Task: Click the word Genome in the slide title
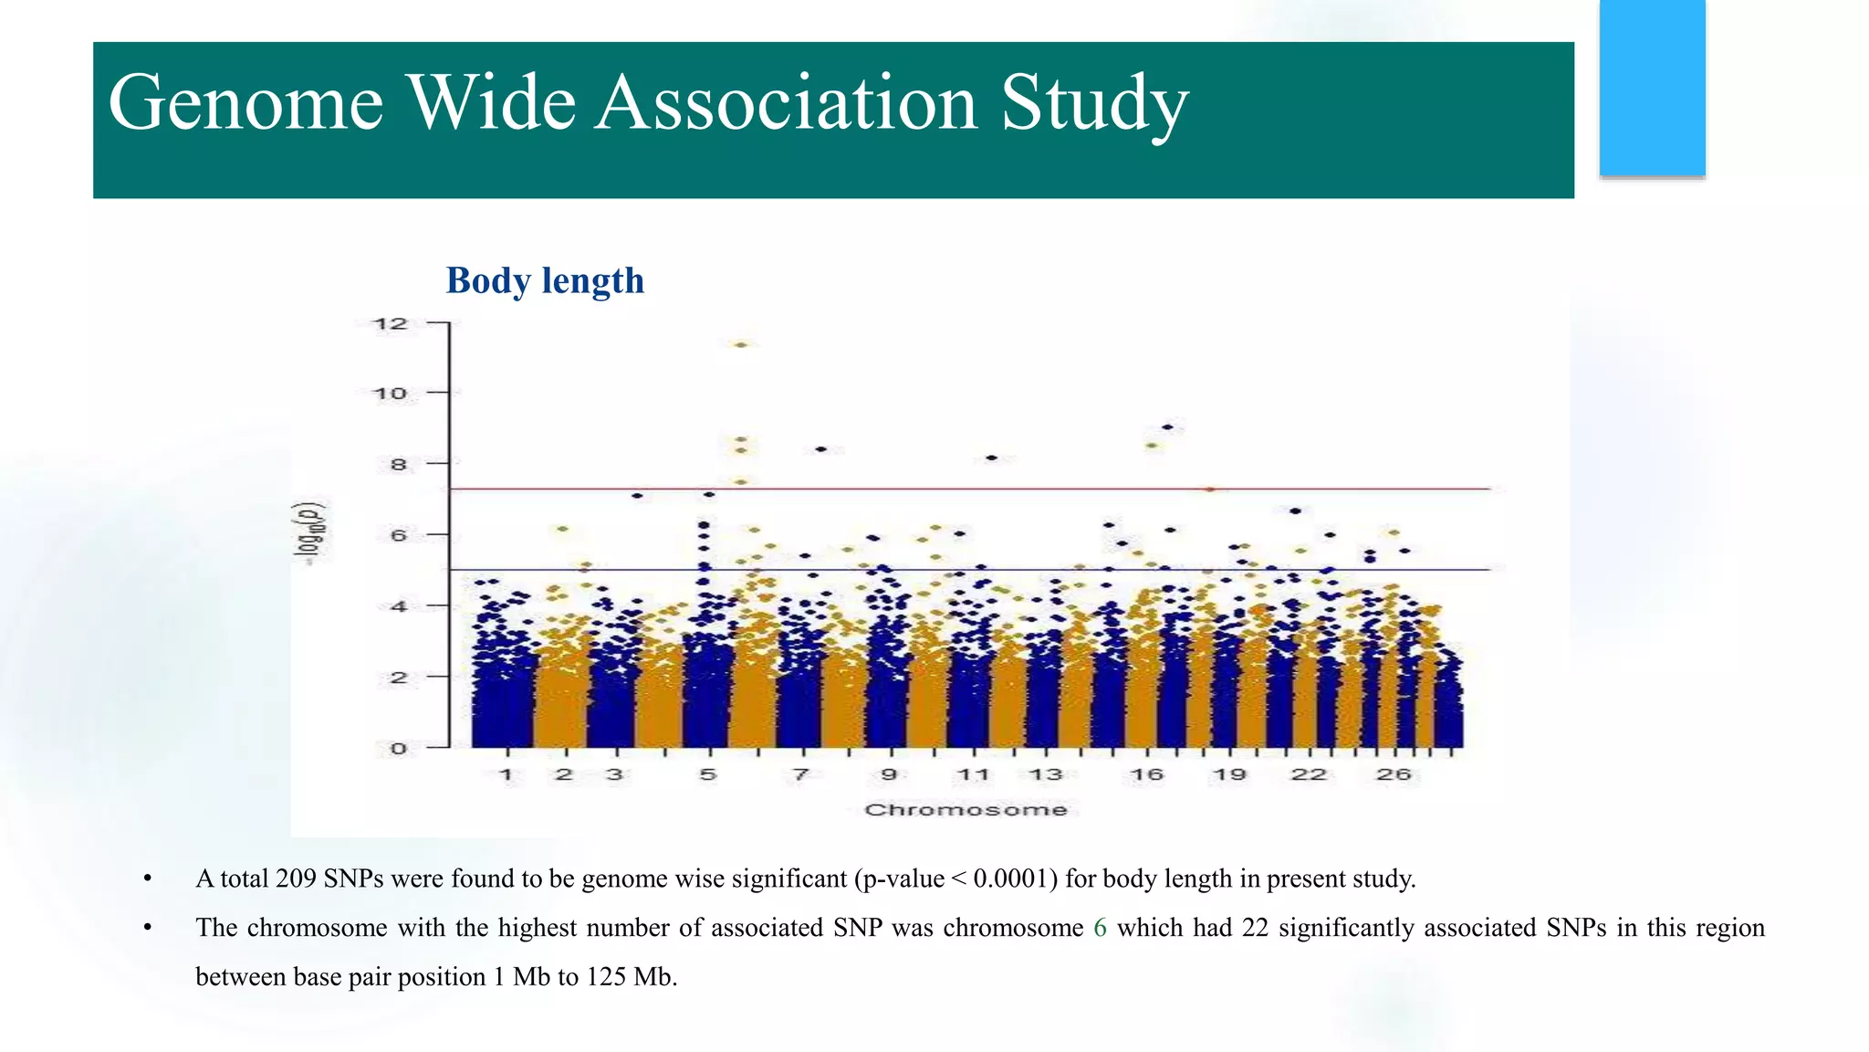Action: pyautogui.click(x=245, y=102)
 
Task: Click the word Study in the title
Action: pyautogui.click(x=1094, y=102)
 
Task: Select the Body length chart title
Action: pyautogui.click(x=545, y=280)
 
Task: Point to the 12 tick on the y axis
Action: pyautogui.click(x=390, y=323)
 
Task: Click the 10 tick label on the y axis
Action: pyautogui.click(x=390, y=394)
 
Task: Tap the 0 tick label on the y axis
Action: pyautogui.click(x=398, y=749)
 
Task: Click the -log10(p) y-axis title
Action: pyautogui.click(x=313, y=533)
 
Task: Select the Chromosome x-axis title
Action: pyautogui.click(x=966, y=810)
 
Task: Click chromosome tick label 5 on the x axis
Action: pyautogui.click(x=708, y=774)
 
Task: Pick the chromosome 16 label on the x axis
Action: pyautogui.click(x=1146, y=774)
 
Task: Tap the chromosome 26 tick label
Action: pyautogui.click(x=1394, y=774)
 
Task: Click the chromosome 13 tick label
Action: pyautogui.click(x=1046, y=774)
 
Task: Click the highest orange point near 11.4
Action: pyautogui.click(x=741, y=345)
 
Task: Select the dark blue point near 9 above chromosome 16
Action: pyautogui.click(x=1168, y=426)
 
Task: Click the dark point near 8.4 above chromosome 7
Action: pyautogui.click(x=820, y=449)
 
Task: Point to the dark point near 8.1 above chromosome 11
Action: pyautogui.click(x=992, y=458)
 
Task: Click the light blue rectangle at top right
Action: pyautogui.click(x=1652, y=88)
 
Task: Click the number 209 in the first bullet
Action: pyautogui.click(x=295, y=878)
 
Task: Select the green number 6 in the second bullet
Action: pyautogui.click(x=1100, y=928)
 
